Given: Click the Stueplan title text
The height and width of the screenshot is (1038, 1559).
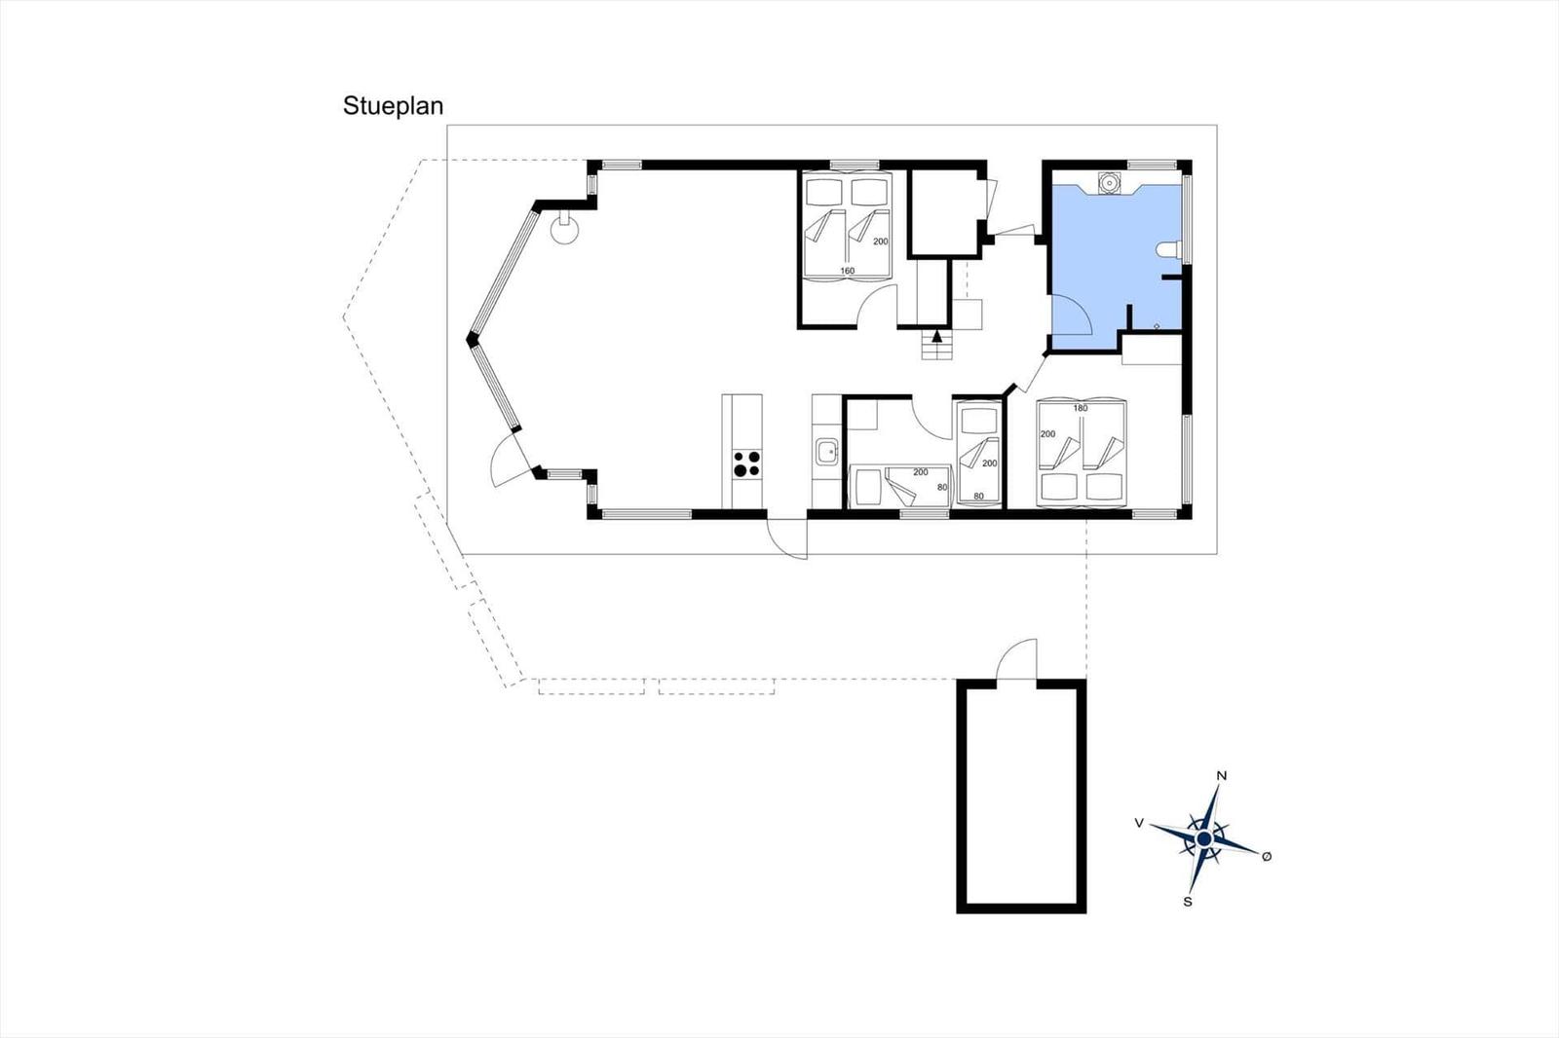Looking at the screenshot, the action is coord(393,106).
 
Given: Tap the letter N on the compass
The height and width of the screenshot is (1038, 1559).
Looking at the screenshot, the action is coord(1222,776).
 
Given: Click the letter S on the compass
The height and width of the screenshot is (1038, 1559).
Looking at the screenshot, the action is coord(1188,902).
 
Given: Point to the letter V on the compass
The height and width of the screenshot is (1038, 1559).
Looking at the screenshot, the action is coord(1139,823).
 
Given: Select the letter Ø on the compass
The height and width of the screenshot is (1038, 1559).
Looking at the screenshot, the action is coord(1267,857).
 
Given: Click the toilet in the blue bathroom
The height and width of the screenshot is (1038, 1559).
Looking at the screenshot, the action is coord(1169,249).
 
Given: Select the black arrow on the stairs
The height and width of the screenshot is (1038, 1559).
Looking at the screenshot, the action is coord(936,337).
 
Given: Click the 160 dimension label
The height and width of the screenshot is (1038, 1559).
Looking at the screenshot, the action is coord(847,271).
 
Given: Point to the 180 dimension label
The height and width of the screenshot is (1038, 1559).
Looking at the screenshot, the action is coord(1081,408).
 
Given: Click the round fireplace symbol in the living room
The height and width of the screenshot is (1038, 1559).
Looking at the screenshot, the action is coord(564,229).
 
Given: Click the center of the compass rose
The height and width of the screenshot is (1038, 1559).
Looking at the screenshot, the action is coord(1204,839).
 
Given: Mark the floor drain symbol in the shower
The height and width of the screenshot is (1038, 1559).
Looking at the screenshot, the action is coord(1157,325).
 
